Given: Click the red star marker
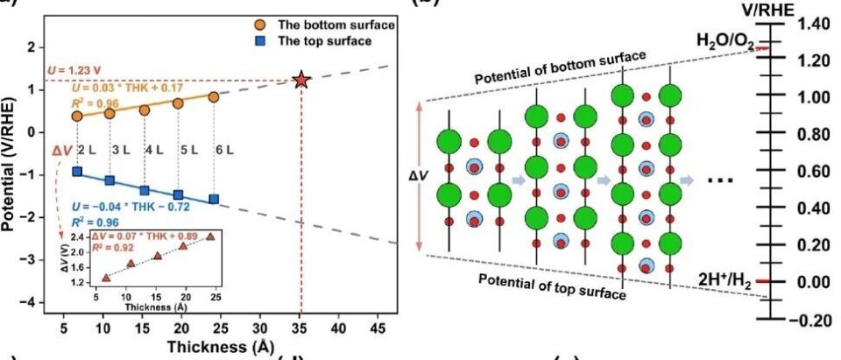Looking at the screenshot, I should click(302, 81).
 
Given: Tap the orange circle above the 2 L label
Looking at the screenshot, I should click(77, 116).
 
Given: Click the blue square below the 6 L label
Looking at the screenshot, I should click(214, 199).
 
